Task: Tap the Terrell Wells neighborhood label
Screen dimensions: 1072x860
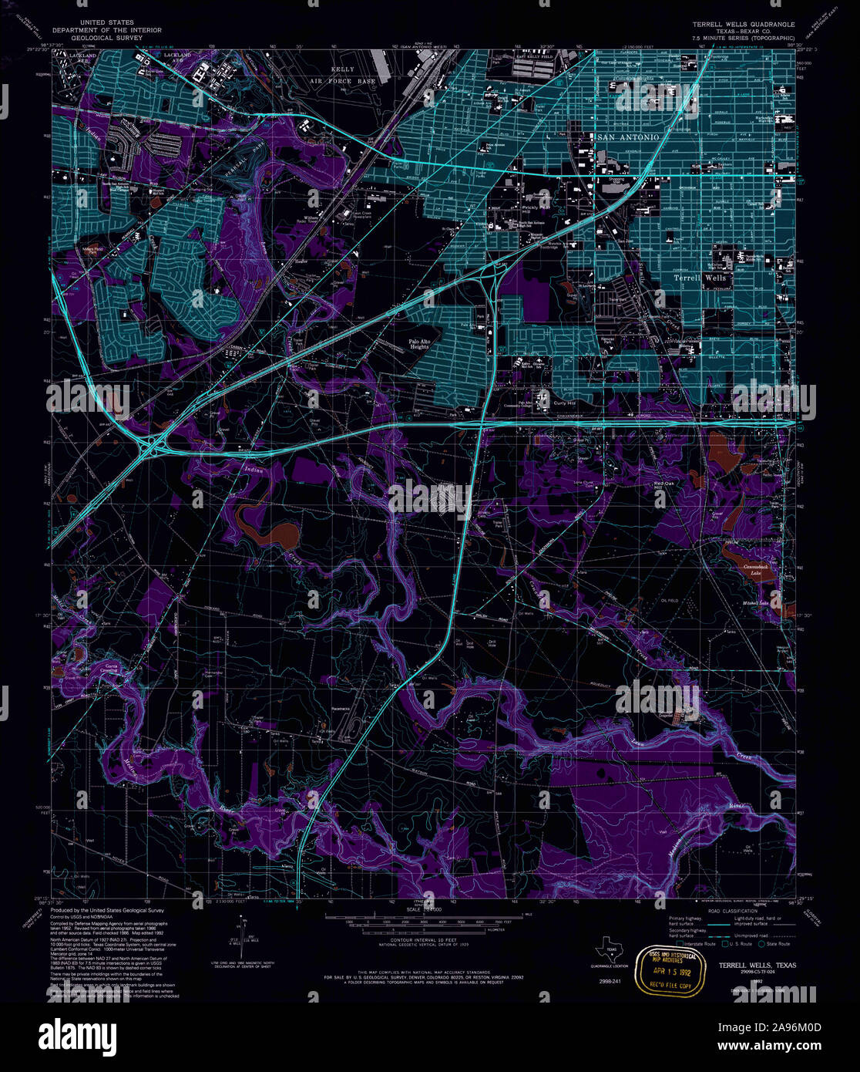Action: [699, 278]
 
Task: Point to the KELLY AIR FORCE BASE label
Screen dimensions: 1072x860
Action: [342, 75]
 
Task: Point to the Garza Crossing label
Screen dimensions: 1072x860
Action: [101, 666]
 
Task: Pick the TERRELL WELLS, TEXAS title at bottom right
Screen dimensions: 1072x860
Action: [753, 966]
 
